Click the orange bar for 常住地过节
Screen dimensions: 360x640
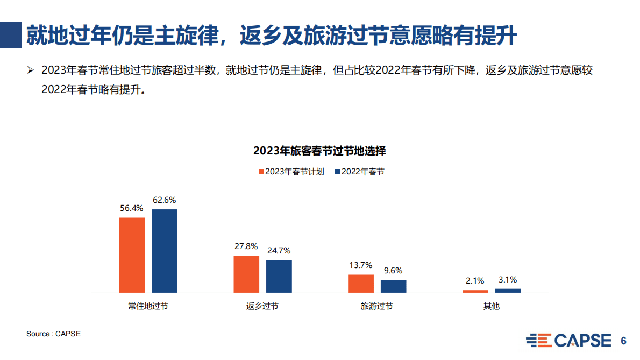point(132,255)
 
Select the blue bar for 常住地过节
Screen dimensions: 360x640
point(165,251)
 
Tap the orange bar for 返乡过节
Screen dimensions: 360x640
point(246,274)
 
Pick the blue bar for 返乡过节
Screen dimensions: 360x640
point(279,277)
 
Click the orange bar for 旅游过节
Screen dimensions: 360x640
point(361,284)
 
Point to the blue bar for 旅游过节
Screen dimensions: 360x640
point(394,286)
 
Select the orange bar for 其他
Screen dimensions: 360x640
point(475,291)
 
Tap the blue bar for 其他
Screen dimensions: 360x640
point(508,291)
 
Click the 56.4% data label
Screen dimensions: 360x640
point(132,208)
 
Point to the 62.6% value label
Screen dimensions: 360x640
point(165,200)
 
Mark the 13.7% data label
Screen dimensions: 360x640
point(361,265)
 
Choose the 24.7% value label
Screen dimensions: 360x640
point(279,250)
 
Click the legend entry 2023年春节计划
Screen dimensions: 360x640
point(291,172)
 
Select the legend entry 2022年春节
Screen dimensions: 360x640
point(360,172)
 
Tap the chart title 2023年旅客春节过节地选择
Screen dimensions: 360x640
point(319,151)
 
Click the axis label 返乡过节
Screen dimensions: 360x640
point(262,306)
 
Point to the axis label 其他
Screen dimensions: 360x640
point(492,306)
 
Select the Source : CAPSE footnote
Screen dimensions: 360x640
point(53,334)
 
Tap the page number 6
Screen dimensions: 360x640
point(624,341)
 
